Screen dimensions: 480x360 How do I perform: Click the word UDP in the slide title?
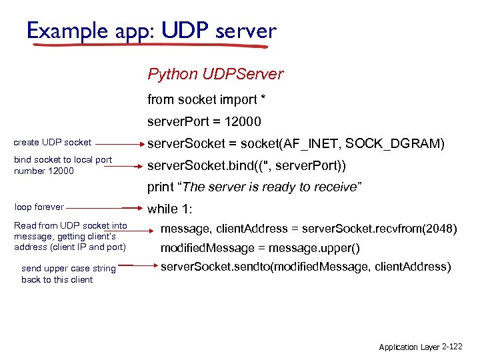tap(185, 30)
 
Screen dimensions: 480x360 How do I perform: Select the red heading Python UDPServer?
tap(215, 75)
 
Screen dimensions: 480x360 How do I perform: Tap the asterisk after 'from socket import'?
tap(263, 97)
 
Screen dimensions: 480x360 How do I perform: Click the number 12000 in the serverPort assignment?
tap(243, 121)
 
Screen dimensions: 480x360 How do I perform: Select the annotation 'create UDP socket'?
tap(53, 143)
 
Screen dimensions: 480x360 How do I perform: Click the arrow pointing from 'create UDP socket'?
tap(120, 144)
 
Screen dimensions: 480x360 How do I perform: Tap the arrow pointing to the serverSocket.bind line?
tap(123, 167)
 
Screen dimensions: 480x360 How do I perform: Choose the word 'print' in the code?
tap(161, 187)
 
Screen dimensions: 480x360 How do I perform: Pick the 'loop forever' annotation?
tap(39, 207)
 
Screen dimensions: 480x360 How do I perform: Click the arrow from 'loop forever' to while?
tap(105, 208)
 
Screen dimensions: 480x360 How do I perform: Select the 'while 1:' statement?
tap(169, 209)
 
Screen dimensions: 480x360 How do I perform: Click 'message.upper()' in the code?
tap(314, 248)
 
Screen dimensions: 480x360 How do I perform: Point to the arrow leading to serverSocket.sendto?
tap(137, 265)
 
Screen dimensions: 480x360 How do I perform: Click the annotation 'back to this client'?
tap(57, 279)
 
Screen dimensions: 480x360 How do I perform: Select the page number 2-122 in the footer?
tap(452, 347)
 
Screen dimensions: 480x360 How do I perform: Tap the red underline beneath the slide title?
tap(150, 45)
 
